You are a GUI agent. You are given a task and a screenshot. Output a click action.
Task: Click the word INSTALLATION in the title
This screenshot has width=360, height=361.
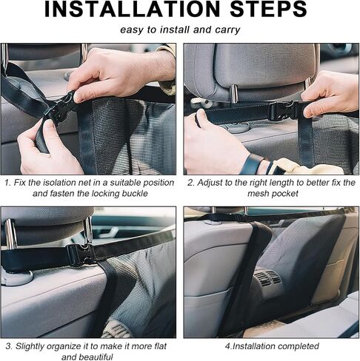pos(132,10)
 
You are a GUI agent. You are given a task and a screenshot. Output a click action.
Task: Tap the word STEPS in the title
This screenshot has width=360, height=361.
pos(268,10)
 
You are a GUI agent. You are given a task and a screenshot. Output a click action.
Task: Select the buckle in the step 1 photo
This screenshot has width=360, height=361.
pos(61,107)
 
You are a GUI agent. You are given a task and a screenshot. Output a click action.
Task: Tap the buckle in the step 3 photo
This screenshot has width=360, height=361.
pos(80,255)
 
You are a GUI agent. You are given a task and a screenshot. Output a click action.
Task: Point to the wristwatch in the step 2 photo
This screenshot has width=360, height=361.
pos(253,163)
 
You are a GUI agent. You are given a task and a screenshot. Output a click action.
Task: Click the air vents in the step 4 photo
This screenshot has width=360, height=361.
pos(267,278)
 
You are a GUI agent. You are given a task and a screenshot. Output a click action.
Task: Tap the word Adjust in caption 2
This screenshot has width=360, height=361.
pos(210,183)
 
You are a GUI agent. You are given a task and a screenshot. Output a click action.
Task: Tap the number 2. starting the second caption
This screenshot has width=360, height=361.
pos(191,183)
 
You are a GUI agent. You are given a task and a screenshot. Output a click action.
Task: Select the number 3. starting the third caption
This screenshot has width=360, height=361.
pos(9,346)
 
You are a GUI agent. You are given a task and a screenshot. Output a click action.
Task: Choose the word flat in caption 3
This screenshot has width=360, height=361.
pos(160,346)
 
